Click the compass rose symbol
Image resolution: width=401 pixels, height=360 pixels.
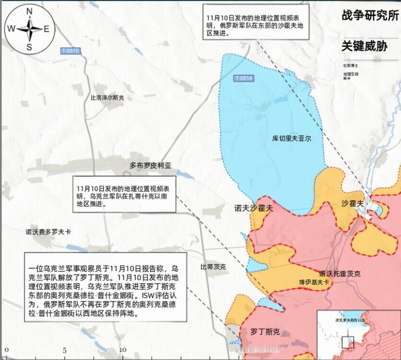[29, 29]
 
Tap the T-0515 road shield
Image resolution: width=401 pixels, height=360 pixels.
[70, 51]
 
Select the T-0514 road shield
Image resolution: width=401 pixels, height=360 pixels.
[243, 78]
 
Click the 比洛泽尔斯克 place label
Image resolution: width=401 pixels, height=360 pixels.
[107, 98]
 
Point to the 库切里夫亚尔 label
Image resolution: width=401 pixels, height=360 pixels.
[292, 139]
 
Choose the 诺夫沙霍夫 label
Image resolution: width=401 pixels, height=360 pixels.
[253, 208]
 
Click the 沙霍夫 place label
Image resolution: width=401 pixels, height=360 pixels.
[353, 203]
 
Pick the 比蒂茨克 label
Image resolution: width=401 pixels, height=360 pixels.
[213, 267]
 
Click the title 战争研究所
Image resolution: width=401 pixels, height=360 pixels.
[370, 15]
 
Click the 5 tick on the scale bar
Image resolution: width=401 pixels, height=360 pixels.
[64, 351]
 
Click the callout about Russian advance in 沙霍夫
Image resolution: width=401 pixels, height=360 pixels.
[256, 22]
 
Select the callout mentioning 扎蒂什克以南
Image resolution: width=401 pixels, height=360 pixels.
[123, 195]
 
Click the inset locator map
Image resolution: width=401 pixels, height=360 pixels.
[358, 334]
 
